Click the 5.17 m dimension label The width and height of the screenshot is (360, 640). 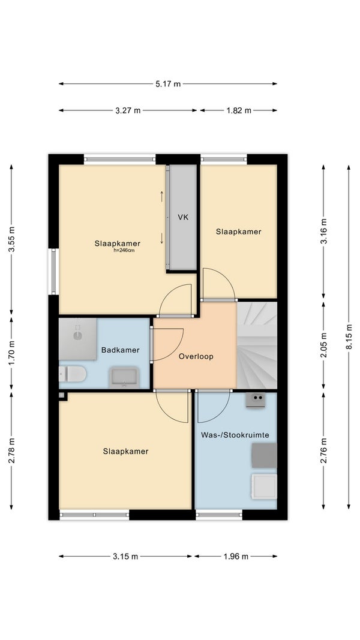(168, 84)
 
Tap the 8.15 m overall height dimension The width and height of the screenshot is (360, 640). (349, 336)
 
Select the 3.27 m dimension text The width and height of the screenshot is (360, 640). (128, 110)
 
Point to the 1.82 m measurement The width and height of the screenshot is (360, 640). (239, 110)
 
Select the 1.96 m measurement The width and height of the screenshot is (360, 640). (236, 557)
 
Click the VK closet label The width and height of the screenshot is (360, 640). (183, 217)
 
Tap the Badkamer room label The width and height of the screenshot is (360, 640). (121, 350)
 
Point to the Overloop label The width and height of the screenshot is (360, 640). (196, 356)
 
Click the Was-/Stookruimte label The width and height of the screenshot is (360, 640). (235, 435)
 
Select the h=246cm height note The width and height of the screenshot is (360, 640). (124, 251)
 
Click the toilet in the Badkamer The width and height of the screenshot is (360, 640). (72, 374)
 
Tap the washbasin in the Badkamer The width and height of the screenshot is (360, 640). (124, 377)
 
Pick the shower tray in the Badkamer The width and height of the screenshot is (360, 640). (78, 339)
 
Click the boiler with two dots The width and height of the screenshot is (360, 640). (256, 400)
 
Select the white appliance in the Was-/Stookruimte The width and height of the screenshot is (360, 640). (264, 486)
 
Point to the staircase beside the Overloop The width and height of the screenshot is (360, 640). (257, 345)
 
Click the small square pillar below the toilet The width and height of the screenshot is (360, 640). (62, 395)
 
